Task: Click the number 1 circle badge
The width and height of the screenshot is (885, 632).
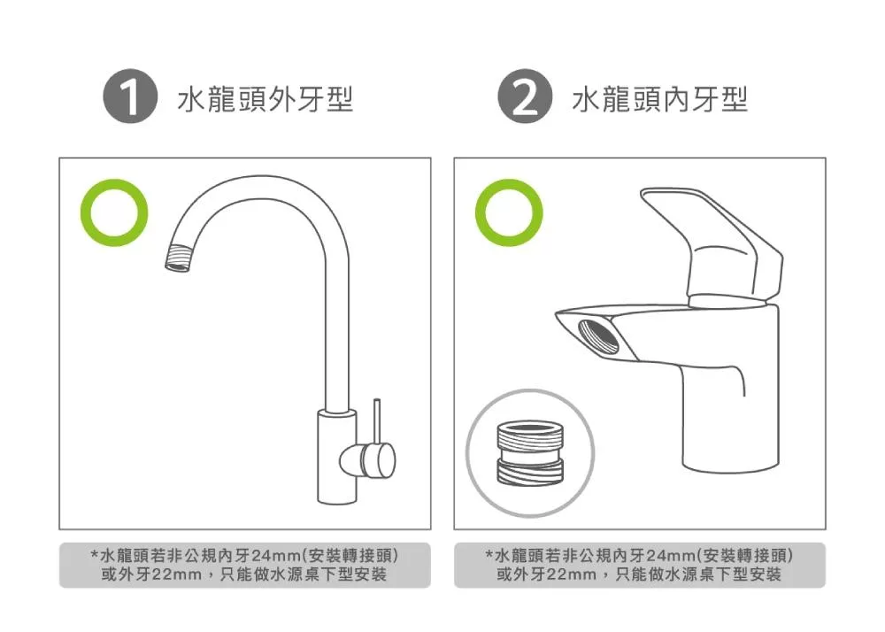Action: tap(131, 99)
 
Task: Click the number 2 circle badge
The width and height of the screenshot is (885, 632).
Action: tap(526, 99)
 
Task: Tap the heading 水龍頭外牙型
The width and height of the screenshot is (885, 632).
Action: tap(265, 100)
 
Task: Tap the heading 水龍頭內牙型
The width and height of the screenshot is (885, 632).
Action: tap(660, 100)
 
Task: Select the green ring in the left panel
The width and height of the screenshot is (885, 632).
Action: tap(114, 212)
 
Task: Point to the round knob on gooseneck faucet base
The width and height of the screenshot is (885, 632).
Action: tap(375, 458)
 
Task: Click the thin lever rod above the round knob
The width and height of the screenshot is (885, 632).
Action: tap(376, 420)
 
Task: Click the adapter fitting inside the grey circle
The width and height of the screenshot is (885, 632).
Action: tap(530, 451)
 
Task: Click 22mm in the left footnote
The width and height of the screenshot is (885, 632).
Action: tap(177, 575)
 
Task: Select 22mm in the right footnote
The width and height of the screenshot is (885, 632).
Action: tap(572, 575)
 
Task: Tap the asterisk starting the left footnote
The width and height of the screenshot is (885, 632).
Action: tap(95, 555)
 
